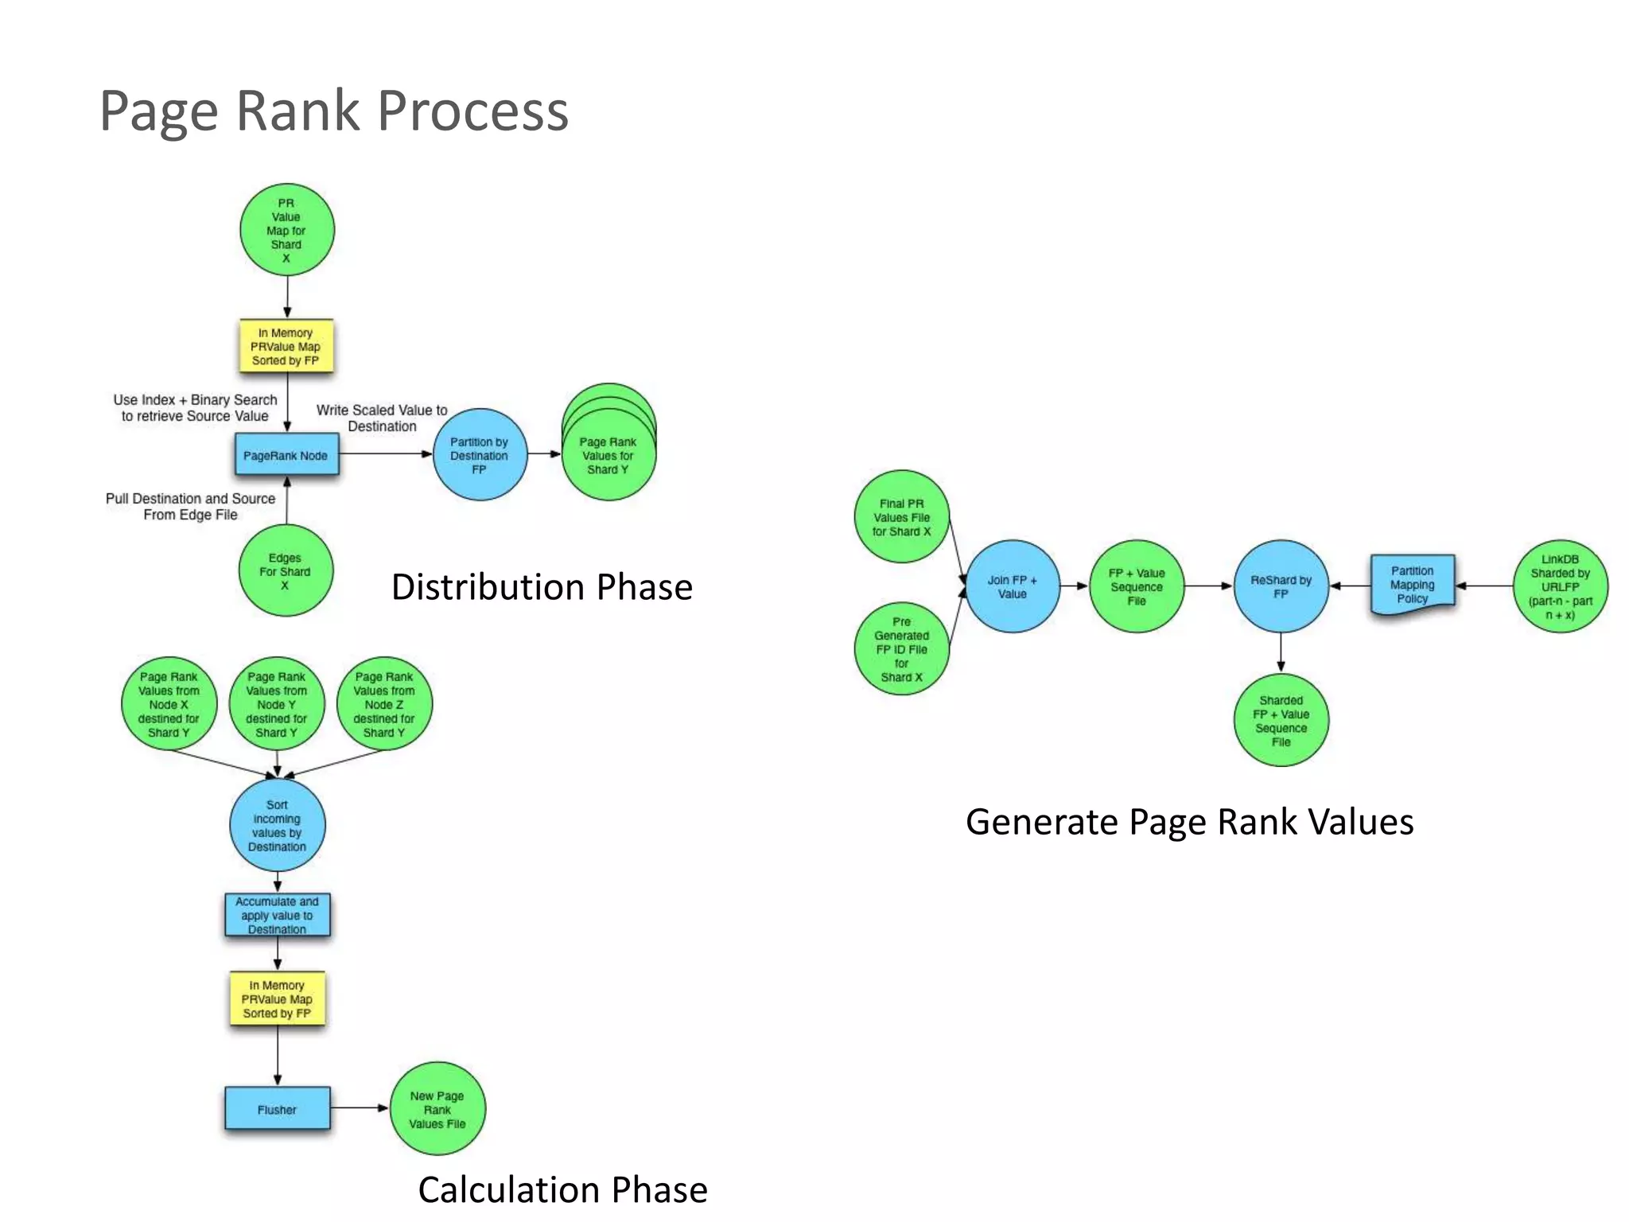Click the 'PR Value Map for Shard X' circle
(286, 230)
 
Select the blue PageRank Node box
(286, 455)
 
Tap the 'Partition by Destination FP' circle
(480, 455)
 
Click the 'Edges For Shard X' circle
(285, 570)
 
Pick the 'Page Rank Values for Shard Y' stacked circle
(608, 455)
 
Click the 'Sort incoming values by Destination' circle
(277, 825)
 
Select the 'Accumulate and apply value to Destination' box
(277, 915)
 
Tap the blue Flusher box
(277, 1108)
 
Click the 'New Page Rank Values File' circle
(437, 1109)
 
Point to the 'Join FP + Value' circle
(1012, 586)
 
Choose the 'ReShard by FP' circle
(1281, 586)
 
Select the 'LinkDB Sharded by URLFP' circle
(1560, 586)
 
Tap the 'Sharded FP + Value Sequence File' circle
(1281, 721)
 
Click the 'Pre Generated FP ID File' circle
(901, 648)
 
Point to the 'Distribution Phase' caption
(542, 587)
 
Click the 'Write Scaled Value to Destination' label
(382, 418)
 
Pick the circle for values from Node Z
(384, 704)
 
